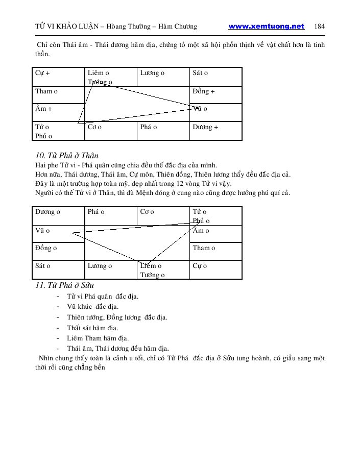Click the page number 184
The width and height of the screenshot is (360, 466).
(320, 27)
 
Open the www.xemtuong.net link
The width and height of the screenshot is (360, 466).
(266, 27)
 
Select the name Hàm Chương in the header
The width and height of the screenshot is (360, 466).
(179, 27)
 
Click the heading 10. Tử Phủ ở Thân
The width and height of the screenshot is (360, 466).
(66, 156)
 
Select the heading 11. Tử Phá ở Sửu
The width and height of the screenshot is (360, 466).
(64, 285)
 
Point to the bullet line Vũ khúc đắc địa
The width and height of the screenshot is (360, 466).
(92, 307)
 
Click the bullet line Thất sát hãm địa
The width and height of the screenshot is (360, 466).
(92, 328)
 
